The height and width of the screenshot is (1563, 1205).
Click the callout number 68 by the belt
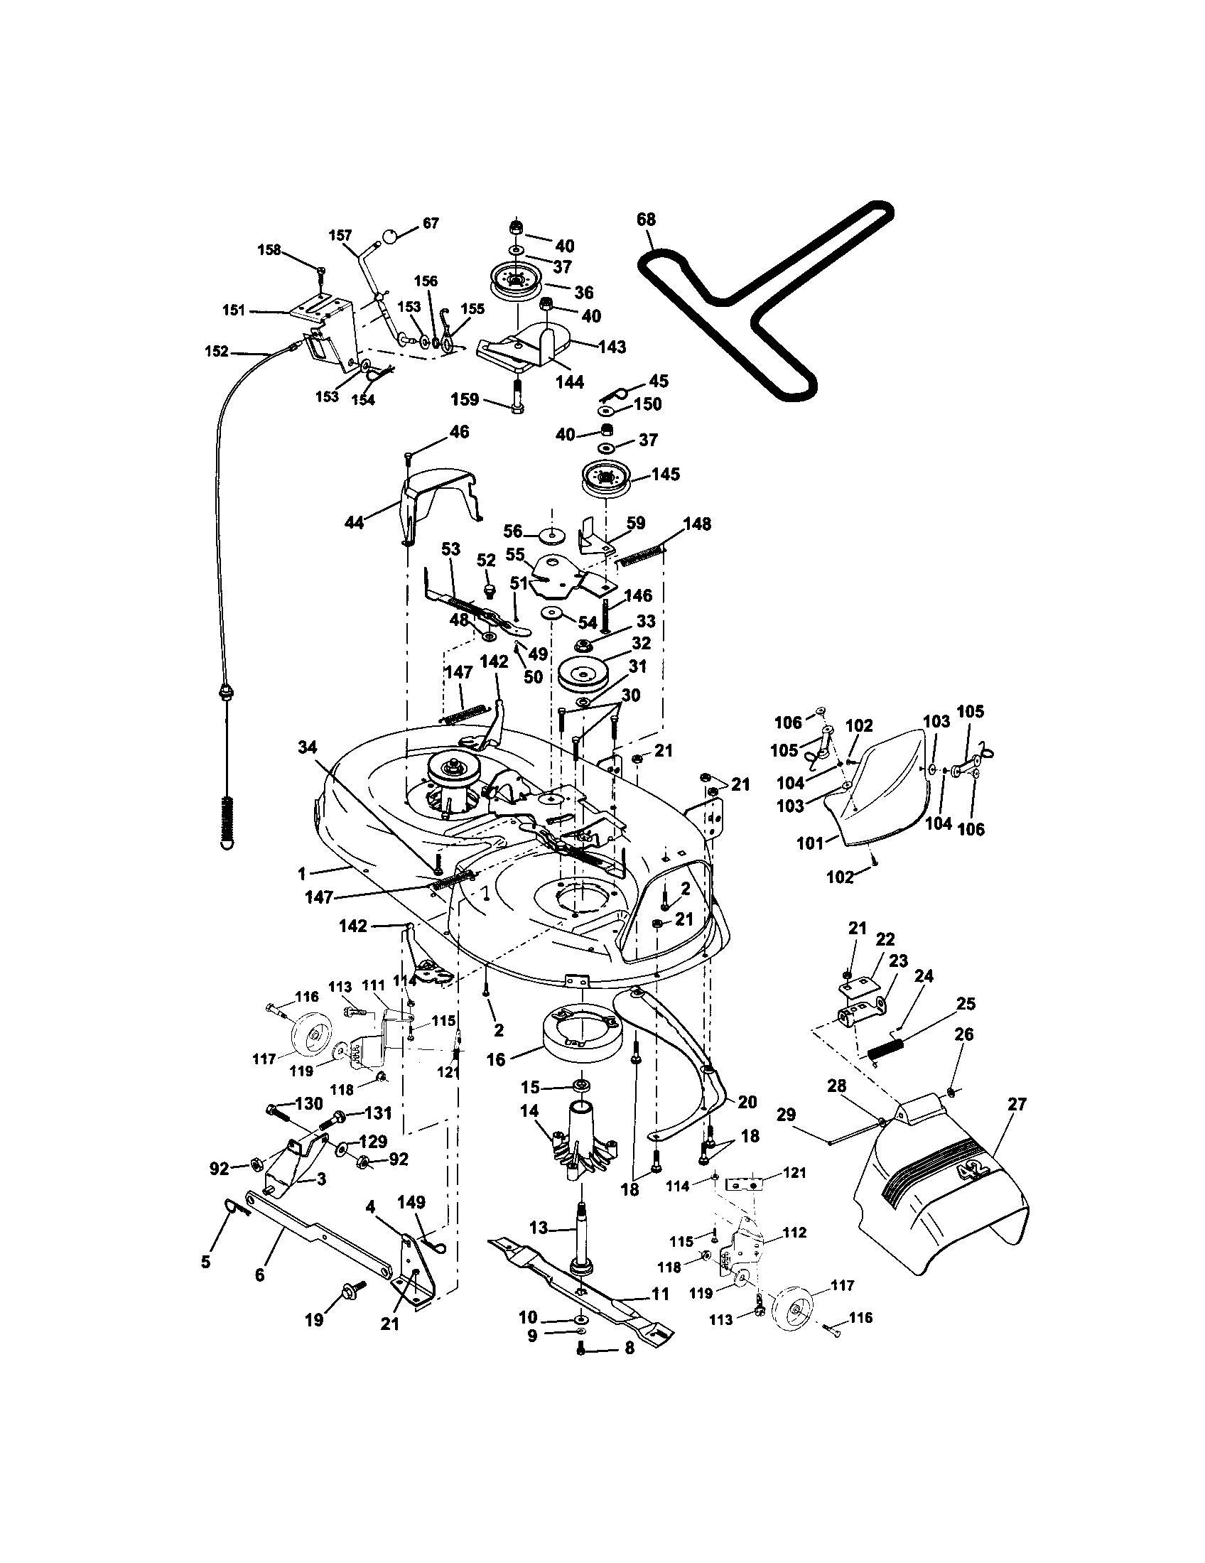click(645, 220)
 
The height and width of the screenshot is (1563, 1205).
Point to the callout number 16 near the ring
click(496, 1060)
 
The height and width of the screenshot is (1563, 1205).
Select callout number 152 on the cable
click(216, 352)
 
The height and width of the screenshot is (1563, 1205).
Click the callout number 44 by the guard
click(355, 522)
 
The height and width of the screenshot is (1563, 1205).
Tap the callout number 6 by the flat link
click(260, 1275)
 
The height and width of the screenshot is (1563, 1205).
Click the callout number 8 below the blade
click(629, 1348)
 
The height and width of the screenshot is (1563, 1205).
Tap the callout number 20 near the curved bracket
click(747, 1103)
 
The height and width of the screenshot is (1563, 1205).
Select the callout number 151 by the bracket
click(234, 310)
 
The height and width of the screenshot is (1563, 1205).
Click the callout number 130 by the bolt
click(308, 1103)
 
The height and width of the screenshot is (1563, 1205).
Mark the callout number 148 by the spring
click(697, 524)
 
